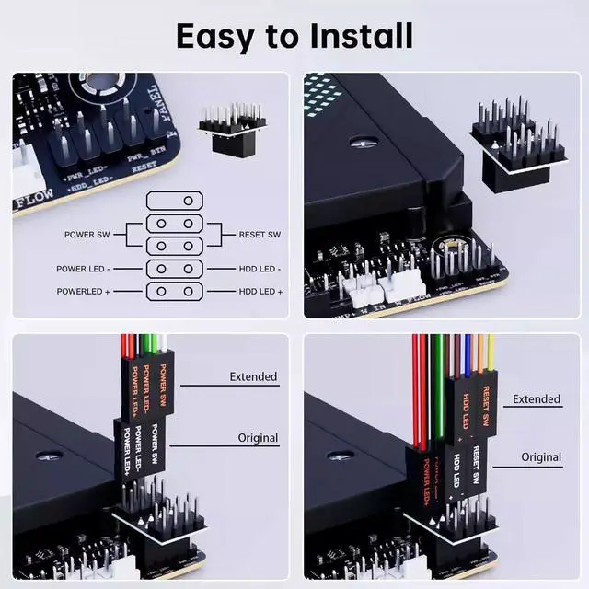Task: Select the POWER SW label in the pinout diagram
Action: [x=87, y=235]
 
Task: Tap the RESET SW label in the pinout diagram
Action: [x=260, y=235]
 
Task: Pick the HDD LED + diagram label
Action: [x=260, y=291]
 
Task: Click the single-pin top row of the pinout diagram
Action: [x=175, y=200]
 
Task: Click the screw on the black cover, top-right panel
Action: [x=364, y=142]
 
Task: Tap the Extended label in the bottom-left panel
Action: [x=252, y=376]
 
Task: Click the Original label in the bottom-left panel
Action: [x=258, y=437]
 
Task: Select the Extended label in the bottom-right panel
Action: [x=536, y=398]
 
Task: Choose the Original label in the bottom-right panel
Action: [x=541, y=456]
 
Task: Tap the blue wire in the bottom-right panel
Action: [x=468, y=354]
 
